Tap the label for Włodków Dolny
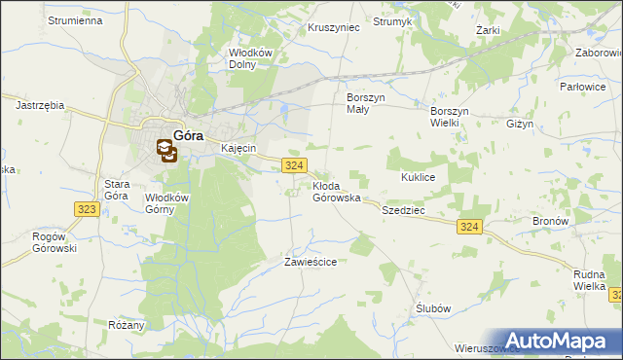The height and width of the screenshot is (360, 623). click(248, 59)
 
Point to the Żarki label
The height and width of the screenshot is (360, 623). click(488, 30)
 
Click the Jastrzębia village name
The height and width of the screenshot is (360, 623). click(40, 102)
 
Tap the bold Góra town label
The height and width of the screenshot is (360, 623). click(187, 136)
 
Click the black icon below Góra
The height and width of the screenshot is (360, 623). click(166, 151)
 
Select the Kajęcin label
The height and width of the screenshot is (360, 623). click(238, 148)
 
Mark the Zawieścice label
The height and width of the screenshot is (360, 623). click(310, 262)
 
